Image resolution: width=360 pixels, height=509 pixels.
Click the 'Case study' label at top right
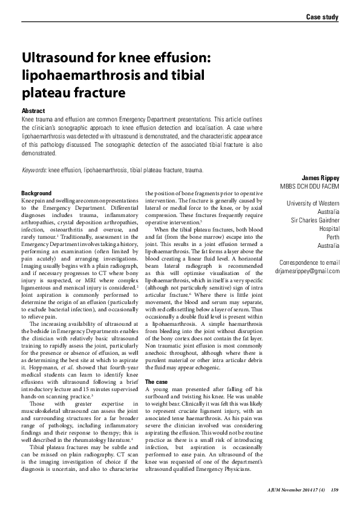(x=322, y=17)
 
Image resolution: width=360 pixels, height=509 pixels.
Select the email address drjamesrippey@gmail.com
(x=306, y=271)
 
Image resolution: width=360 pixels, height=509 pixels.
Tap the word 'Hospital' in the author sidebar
(x=329, y=229)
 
